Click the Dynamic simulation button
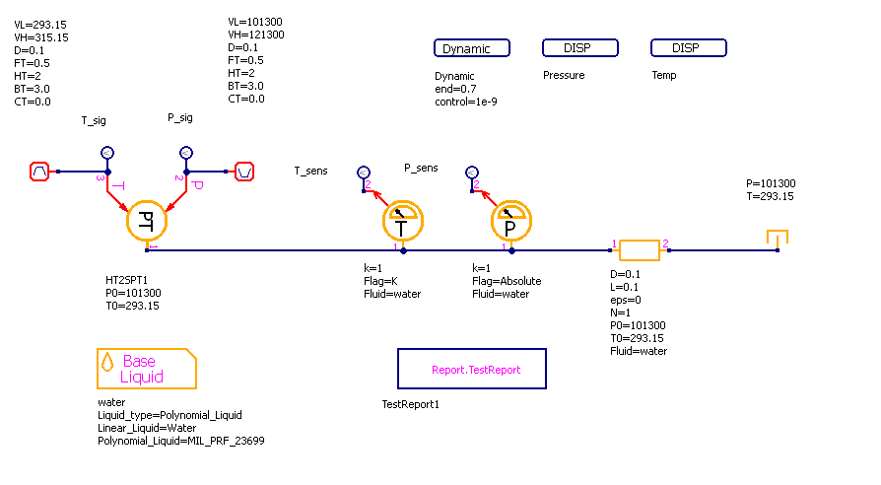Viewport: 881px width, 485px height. click(472, 48)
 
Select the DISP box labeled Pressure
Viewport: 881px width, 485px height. click(580, 48)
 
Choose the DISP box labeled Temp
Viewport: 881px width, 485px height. click(689, 48)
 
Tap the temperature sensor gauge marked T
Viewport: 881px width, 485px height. click(402, 224)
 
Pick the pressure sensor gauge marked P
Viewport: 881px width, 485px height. click(510, 224)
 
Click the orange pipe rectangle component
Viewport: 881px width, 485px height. click(639, 250)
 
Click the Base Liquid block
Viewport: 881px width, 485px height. click(146, 369)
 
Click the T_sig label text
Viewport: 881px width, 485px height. click(94, 121)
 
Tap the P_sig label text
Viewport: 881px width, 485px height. click(180, 117)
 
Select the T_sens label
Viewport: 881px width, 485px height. click(310, 171)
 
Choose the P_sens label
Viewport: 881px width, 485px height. click(421, 168)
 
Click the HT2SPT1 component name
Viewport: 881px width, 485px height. click(126, 280)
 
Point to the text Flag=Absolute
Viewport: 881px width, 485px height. click(507, 281)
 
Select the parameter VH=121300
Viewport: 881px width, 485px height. click(255, 35)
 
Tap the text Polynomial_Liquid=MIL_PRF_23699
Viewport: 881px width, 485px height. click(180, 441)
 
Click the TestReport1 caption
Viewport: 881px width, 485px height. click(410, 404)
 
